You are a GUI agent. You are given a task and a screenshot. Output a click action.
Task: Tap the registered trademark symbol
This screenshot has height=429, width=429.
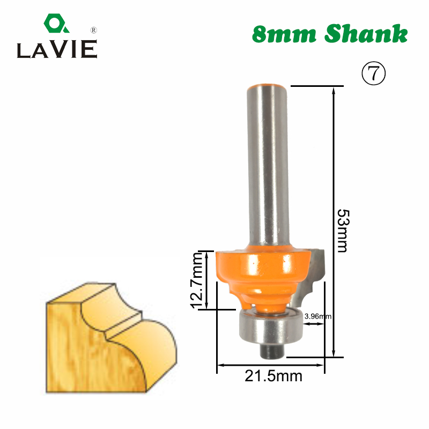click(93, 31)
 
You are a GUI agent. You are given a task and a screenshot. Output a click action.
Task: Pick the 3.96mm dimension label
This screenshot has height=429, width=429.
click(317, 316)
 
